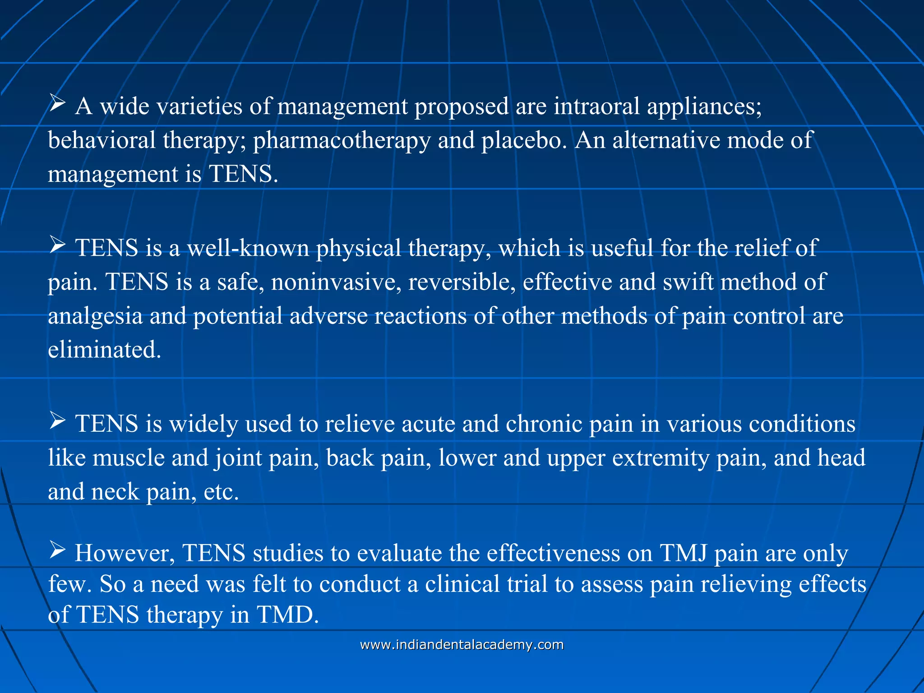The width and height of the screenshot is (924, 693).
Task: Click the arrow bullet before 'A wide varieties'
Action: [57, 103]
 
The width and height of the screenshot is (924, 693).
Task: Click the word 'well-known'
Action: [248, 248]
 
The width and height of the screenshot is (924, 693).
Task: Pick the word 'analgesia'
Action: [95, 316]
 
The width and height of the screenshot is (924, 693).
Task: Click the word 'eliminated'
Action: [104, 350]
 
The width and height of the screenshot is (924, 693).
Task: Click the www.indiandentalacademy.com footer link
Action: [462, 645]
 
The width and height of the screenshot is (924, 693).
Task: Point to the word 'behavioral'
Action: [102, 141]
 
